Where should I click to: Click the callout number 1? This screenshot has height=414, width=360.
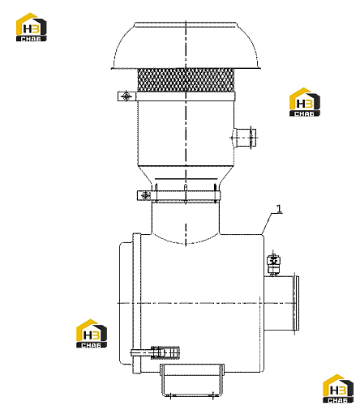tap(279, 209)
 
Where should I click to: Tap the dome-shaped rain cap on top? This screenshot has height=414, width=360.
tap(186, 45)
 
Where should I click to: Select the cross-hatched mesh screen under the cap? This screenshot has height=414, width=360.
tap(186, 80)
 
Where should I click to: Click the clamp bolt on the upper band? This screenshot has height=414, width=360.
tap(126, 96)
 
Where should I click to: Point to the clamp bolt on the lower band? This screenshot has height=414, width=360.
tap(146, 195)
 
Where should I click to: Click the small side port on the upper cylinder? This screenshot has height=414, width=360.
tap(244, 138)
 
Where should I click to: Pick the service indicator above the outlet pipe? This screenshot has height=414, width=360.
tap(273, 265)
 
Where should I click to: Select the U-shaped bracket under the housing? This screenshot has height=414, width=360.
tap(192, 382)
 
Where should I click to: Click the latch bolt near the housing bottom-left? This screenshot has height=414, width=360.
tap(155, 352)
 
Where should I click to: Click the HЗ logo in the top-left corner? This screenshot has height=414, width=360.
tap(31, 27)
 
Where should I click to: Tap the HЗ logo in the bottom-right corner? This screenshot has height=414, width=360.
tap(338, 389)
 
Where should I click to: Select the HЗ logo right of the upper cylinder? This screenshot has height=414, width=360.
tap(305, 102)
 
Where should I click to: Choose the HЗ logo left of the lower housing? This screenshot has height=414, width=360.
tap(92, 334)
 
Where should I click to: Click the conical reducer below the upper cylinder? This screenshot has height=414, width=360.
tap(186, 175)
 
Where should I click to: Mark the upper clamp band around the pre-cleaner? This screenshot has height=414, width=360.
tap(176, 96)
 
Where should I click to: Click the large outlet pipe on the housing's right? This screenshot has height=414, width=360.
tap(279, 303)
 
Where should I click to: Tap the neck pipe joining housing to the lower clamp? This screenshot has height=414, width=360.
tap(186, 219)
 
